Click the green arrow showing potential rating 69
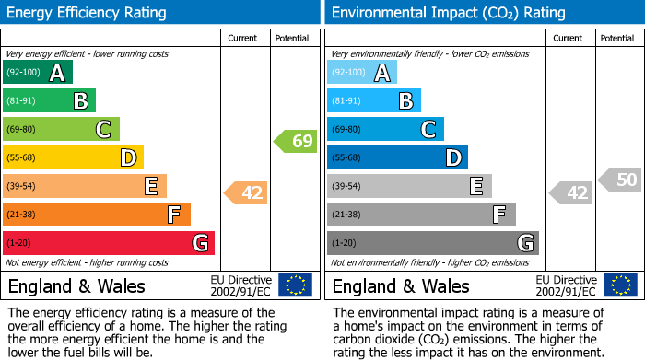295,142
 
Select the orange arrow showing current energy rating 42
246,193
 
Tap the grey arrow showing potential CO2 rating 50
620,180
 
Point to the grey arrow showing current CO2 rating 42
570,193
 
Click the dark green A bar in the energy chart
37,73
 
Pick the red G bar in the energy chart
109,243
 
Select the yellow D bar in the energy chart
73,158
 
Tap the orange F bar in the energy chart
97,215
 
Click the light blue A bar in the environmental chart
362,73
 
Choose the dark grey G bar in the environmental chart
433,243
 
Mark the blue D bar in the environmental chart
397,158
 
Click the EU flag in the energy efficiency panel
296,285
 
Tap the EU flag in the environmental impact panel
620,285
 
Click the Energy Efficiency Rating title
88,13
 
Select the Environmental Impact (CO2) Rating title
448,13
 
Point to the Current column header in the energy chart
243,38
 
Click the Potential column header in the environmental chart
616,38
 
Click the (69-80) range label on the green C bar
24,130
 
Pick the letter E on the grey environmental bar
476,186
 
